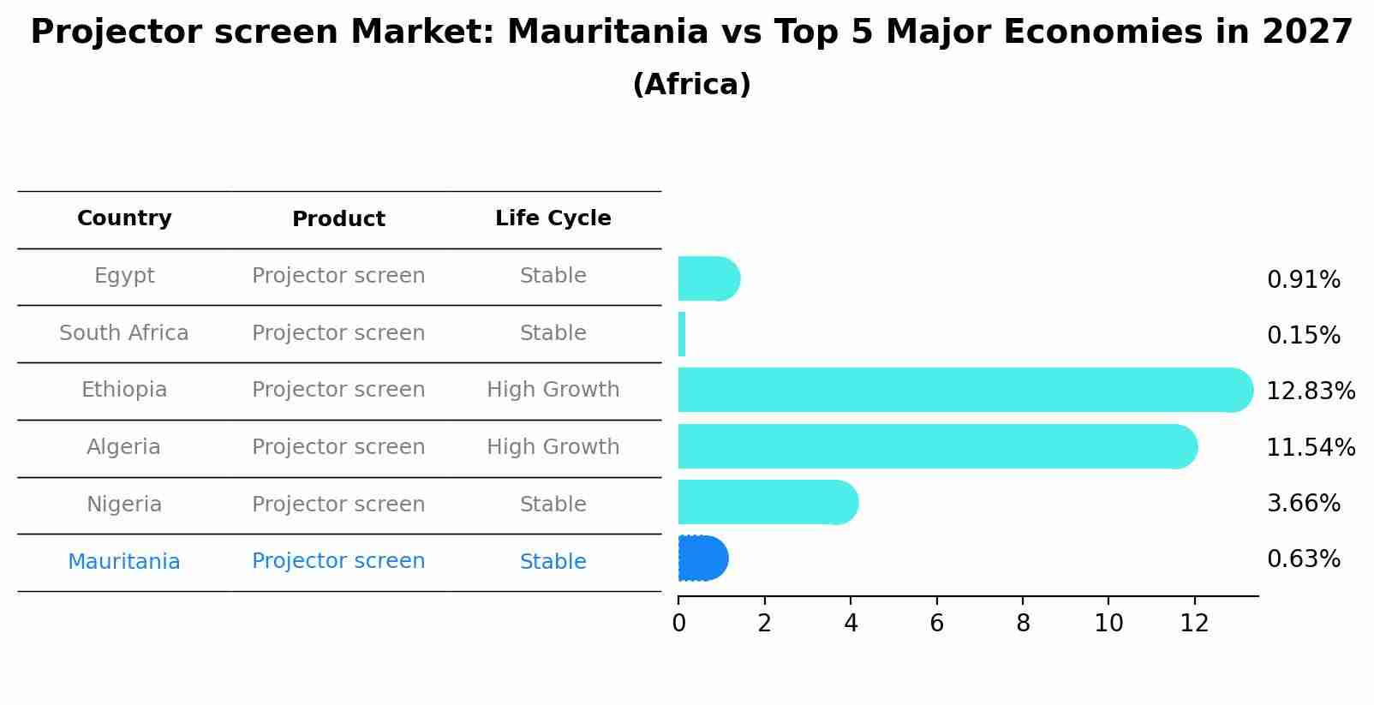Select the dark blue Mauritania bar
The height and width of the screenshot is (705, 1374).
(702, 559)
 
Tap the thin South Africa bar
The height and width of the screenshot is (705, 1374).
(682, 334)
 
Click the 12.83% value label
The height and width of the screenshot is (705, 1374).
(1310, 391)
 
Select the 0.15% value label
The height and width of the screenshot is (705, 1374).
(1303, 336)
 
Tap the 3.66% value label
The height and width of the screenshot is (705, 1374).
(1303, 504)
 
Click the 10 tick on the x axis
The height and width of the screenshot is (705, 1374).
(1108, 624)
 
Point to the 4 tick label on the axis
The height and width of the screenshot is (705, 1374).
(851, 624)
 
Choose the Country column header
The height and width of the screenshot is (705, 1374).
(124, 218)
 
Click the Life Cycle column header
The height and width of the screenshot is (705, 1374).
(553, 218)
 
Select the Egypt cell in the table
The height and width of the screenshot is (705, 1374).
(124, 276)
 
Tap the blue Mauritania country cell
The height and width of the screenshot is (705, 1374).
(124, 562)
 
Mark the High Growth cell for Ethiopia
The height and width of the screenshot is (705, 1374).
(553, 390)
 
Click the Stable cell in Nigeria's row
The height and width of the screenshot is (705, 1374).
(553, 505)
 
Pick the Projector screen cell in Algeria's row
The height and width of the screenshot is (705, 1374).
(338, 447)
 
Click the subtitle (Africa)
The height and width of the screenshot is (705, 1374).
(691, 85)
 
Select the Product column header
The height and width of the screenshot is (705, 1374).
(338, 219)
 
